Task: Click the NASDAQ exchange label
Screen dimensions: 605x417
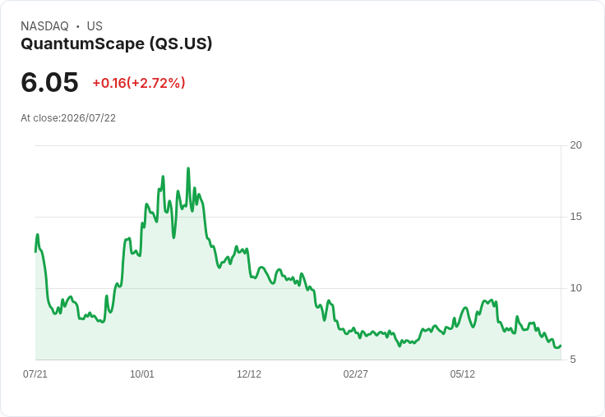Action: click(44, 26)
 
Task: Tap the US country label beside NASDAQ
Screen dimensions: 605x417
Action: click(95, 26)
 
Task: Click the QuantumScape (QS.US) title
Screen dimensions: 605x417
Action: click(117, 44)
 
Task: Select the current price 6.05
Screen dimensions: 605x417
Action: click(50, 82)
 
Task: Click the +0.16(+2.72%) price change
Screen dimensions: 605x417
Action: click(139, 83)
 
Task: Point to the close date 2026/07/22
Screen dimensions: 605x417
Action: click(88, 118)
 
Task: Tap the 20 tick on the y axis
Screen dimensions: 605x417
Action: click(575, 145)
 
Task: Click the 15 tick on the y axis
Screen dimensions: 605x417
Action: click(575, 217)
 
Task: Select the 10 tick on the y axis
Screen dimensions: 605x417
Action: click(575, 288)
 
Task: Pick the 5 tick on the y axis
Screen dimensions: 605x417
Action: click(573, 360)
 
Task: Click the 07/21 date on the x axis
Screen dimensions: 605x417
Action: click(35, 373)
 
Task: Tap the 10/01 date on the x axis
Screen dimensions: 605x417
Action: click(142, 373)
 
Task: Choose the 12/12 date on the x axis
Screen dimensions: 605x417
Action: click(249, 373)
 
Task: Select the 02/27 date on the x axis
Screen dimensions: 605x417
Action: click(355, 373)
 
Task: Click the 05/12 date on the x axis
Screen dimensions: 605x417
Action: click(462, 373)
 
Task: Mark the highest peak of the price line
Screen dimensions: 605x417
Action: click(188, 168)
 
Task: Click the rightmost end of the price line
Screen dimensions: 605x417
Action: click(561, 346)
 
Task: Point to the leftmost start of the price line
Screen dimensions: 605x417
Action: click(36, 252)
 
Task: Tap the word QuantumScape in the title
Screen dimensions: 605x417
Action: click(82, 44)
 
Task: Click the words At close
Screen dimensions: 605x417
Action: click(39, 118)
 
